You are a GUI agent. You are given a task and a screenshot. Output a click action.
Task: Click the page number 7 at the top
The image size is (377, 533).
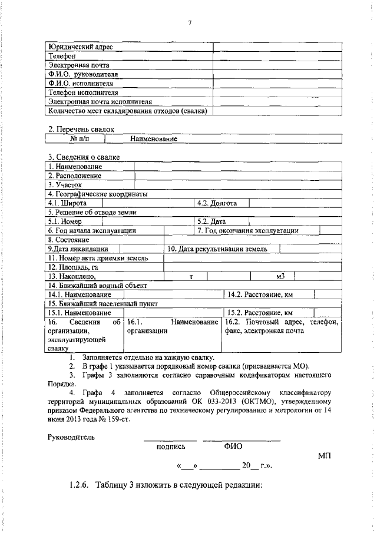[190, 22]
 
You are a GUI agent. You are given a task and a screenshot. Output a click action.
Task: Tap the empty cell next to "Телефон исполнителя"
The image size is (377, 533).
[278, 92]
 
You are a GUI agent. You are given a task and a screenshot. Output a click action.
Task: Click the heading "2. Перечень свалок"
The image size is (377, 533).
[81, 128]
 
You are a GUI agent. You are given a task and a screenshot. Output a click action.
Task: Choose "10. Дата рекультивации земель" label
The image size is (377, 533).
[217, 249]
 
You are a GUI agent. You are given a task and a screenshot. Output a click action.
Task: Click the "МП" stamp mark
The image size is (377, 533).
[325, 456]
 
